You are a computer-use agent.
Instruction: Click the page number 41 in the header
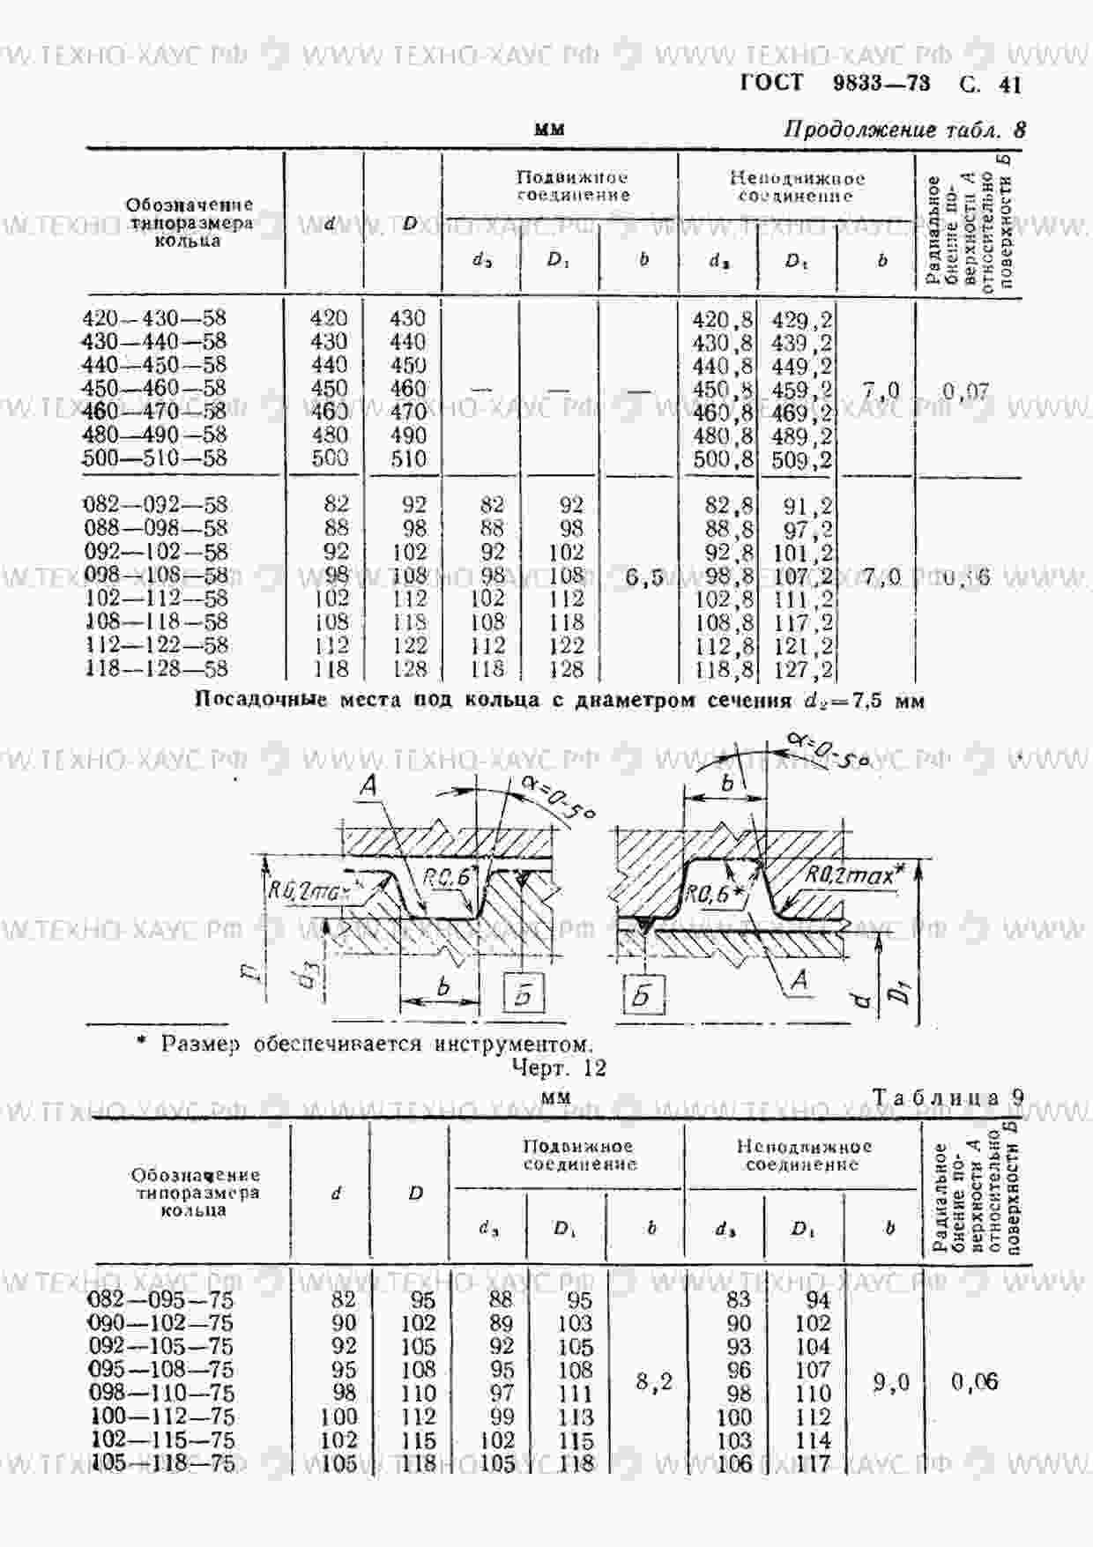click(1009, 85)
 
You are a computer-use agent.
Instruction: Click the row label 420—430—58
click(154, 318)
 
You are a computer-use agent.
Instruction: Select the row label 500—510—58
click(154, 458)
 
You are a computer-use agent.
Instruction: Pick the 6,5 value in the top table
click(644, 578)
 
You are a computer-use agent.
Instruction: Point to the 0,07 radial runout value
click(966, 390)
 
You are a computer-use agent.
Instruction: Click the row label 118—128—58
click(156, 668)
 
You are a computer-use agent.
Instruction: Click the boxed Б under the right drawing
click(642, 994)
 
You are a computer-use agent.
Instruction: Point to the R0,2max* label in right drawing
click(854, 874)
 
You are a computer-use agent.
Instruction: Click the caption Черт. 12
click(559, 1067)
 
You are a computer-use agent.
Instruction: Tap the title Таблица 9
click(948, 1097)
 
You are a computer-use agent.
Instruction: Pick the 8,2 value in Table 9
click(654, 1381)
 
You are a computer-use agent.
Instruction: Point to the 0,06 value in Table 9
click(975, 1382)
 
